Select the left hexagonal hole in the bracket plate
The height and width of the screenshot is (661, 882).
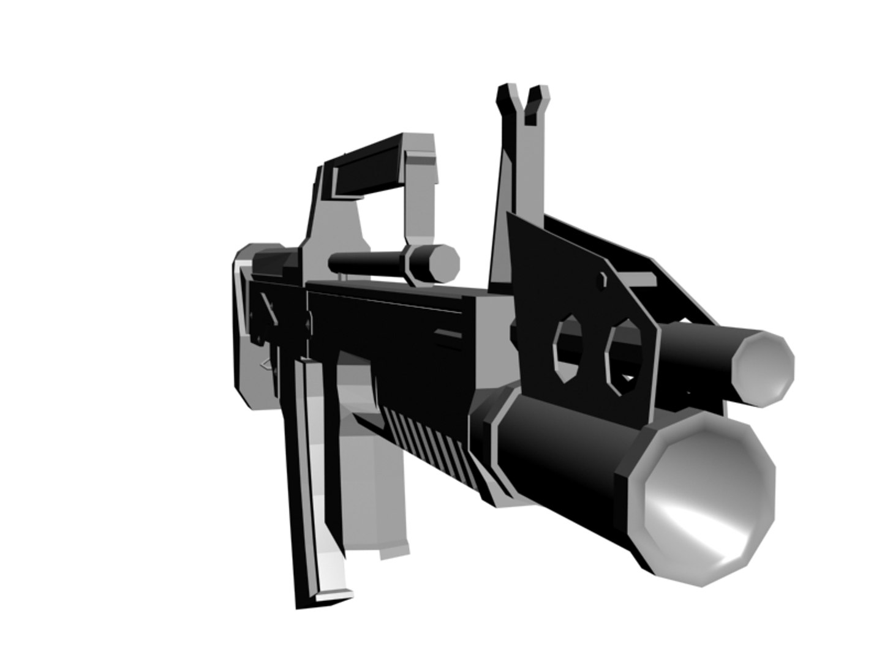[567, 349]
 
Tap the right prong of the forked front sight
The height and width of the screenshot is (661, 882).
[538, 101]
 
